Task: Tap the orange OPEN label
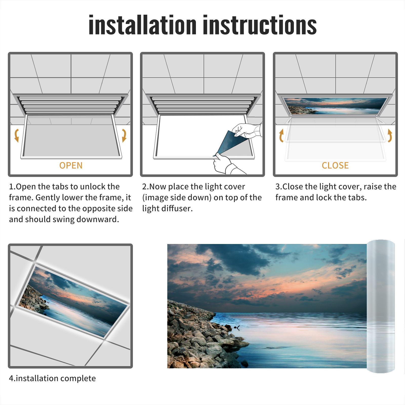[71, 165]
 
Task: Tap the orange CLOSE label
[335, 165]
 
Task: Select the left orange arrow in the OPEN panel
[17, 135]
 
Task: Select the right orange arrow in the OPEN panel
[124, 135]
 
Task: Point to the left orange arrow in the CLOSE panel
[281, 135]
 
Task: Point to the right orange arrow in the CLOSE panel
[390, 135]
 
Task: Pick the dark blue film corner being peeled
[230, 143]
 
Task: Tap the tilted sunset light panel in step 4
[72, 301]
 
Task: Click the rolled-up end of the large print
[381, 306]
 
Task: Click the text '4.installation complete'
[52, 378]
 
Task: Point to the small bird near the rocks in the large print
[237, 328]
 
